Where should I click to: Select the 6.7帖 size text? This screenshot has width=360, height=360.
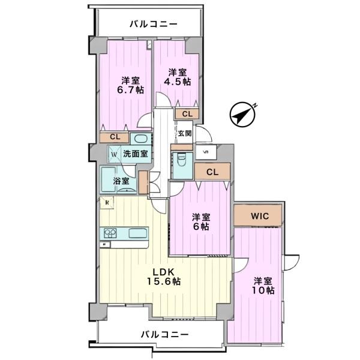[x=131, y=90]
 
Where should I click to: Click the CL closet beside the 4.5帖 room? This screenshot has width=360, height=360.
[x=187, y=113]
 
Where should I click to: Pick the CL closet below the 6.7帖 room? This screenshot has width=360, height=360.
[x=115, y=137]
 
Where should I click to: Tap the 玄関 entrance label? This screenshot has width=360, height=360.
[x=184, y=133]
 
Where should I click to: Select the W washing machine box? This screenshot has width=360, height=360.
[x=113, y=154]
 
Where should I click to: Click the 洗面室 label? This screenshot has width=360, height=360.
[x=136, y=154]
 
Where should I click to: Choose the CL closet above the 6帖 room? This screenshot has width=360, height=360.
[x=211, y=172]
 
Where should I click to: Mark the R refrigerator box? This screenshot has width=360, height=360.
[x=107, y=203]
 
